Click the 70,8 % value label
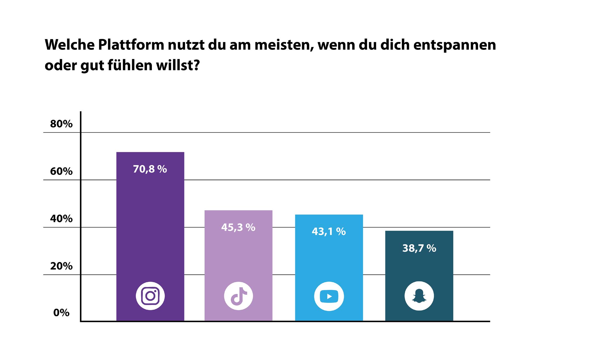click(150, 169)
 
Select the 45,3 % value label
click(238, 227)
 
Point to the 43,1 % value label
click(328, 232)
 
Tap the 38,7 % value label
click(419, 248)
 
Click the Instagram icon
click(150, 296)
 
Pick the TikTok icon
click(238, 296)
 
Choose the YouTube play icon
click(329, 296)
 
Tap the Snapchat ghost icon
click(419, 296)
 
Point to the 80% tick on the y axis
click(61, 124)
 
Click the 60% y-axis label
click(61, 172)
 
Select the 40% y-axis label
click(61, 219)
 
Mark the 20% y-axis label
click(61, 266)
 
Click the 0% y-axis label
click(61, 313)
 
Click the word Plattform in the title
click(131, 45)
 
